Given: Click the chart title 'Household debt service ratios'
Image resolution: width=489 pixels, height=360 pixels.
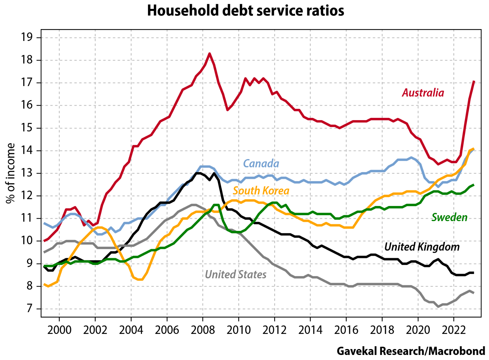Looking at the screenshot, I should (245, 11).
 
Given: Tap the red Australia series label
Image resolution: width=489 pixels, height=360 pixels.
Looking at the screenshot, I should (423, 93).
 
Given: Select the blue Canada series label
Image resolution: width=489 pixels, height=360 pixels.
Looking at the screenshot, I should (261, 164).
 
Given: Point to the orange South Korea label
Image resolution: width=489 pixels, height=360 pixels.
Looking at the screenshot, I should (261, 191).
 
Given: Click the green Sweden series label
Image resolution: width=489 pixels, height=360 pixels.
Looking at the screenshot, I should (449, 218).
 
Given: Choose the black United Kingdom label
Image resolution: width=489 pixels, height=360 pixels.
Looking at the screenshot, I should (422, 247).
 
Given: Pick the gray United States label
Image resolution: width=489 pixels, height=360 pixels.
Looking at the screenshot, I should (236, 275).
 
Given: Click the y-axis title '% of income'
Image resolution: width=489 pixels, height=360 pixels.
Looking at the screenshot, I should (11, 173).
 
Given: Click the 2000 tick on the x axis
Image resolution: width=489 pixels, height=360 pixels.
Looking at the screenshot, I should (59, 330).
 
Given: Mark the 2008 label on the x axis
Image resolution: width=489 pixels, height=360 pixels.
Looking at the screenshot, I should (203, 330).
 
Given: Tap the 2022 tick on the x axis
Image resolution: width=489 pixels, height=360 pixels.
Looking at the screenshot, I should (454, 330).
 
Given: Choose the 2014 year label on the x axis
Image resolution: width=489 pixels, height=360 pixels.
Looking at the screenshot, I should (310, 330).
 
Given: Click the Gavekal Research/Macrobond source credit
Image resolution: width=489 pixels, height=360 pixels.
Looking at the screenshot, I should (411, 351).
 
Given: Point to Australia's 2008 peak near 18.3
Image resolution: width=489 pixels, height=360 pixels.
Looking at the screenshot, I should (209, 54).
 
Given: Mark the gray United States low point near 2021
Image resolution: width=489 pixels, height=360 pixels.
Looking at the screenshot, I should (438, 306).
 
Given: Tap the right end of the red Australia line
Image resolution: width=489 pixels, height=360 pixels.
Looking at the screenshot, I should (474, 82).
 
